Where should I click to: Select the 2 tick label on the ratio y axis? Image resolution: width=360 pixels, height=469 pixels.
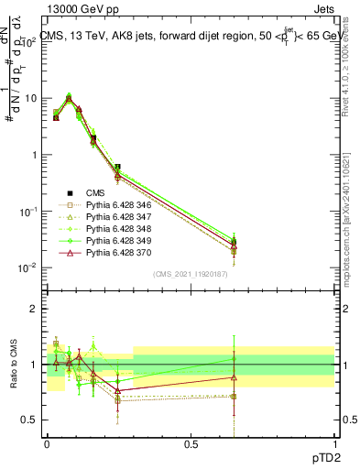(x=35, y=309)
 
